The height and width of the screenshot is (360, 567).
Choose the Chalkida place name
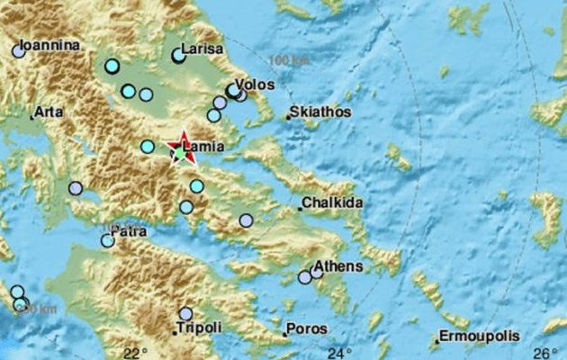(332, 203)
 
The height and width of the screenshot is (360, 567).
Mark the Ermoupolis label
(479, 337)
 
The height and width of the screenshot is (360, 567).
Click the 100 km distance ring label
(287, 59)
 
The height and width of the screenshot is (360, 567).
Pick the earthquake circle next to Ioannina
(19, 51)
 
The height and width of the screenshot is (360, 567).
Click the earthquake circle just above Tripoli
(185, 314)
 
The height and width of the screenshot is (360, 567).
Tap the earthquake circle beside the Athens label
(316, 270)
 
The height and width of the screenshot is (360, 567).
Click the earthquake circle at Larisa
(178, 56)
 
